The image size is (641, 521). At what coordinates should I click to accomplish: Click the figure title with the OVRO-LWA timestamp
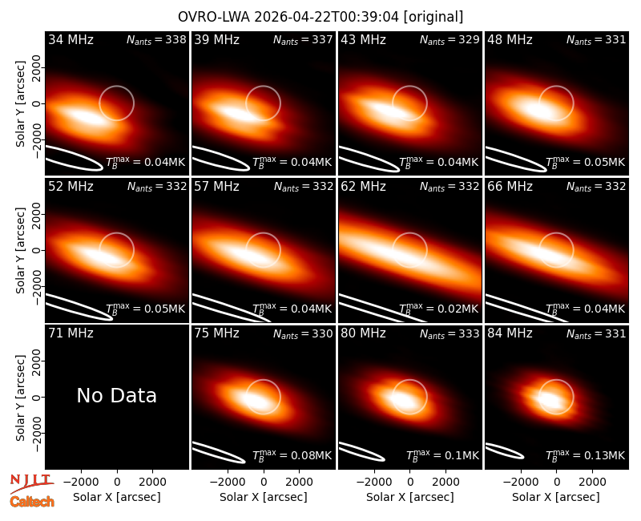point(320,17)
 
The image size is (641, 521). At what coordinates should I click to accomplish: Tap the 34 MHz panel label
point(71,39)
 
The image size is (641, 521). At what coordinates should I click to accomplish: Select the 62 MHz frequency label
point(364,187)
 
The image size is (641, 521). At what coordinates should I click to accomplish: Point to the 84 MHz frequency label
point(510,333)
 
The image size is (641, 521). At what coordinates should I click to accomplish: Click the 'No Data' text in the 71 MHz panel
point(116,395)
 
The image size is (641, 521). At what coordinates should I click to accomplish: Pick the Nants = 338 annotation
point(156,39)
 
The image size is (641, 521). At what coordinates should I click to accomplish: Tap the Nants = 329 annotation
point(450,39)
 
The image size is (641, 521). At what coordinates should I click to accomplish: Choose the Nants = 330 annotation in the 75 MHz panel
point(303,333)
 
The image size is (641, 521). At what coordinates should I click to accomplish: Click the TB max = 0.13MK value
point(586,455)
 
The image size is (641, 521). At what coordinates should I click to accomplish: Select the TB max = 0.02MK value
point(438,309)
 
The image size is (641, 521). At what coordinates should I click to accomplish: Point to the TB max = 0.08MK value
point(292,455)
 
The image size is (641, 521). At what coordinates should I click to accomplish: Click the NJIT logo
point(31,483)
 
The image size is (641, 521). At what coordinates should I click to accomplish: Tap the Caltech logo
point(32,502)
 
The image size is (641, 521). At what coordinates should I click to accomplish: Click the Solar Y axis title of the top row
point(20,104)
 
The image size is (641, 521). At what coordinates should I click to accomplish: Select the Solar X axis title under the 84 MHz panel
point(556,497)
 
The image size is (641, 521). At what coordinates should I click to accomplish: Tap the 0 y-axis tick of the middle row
point(37,250)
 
